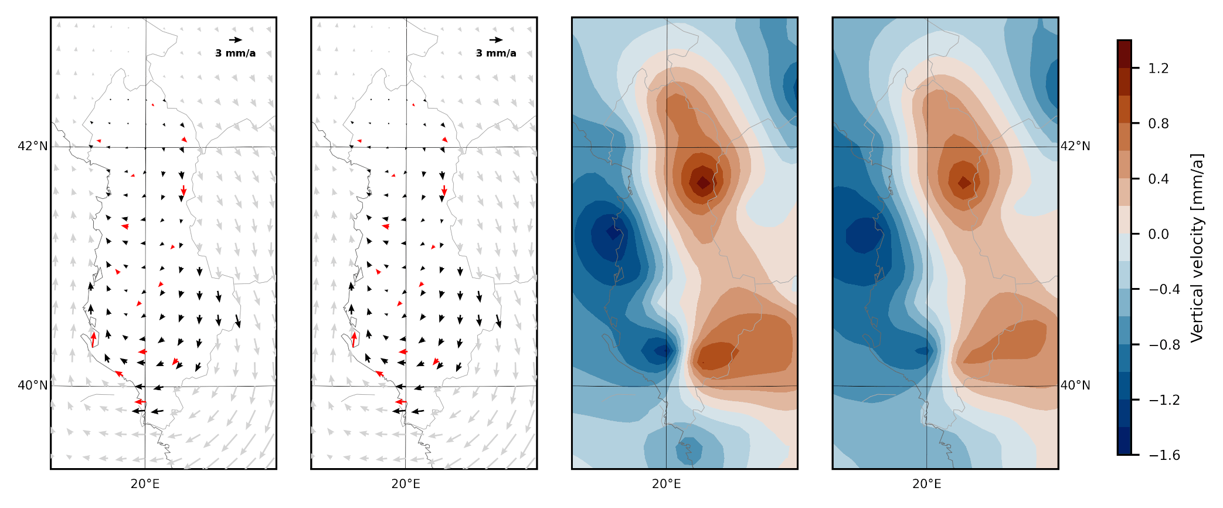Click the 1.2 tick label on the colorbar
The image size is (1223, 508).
pos(1158,69)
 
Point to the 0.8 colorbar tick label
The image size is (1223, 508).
pos(1158,124)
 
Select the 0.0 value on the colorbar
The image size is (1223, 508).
pos(1158,235)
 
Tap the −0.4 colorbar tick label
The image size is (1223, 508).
pos(1164,290)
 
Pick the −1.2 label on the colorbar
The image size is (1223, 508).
pos(1164,400)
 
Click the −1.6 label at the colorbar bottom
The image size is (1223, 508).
pos(1164,455)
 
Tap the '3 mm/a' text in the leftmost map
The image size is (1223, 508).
pos(235,53)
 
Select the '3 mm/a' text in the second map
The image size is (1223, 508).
pos(496,53)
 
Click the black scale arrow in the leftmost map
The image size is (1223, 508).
pos(235,40)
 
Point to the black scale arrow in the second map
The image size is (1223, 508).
pos(496,40)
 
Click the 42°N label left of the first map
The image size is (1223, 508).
pos(33,146)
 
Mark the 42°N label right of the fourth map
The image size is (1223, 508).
pos(1075,146)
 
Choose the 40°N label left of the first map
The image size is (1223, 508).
pos(33,385)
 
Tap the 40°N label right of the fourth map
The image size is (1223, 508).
pos(1075,385)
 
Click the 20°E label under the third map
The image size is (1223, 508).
pos(667,484)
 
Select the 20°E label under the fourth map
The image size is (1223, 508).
pos(927,484)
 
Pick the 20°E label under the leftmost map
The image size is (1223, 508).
pos(145,484)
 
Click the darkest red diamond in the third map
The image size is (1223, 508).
pos(703,183)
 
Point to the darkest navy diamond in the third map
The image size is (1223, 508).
pos(613,233)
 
